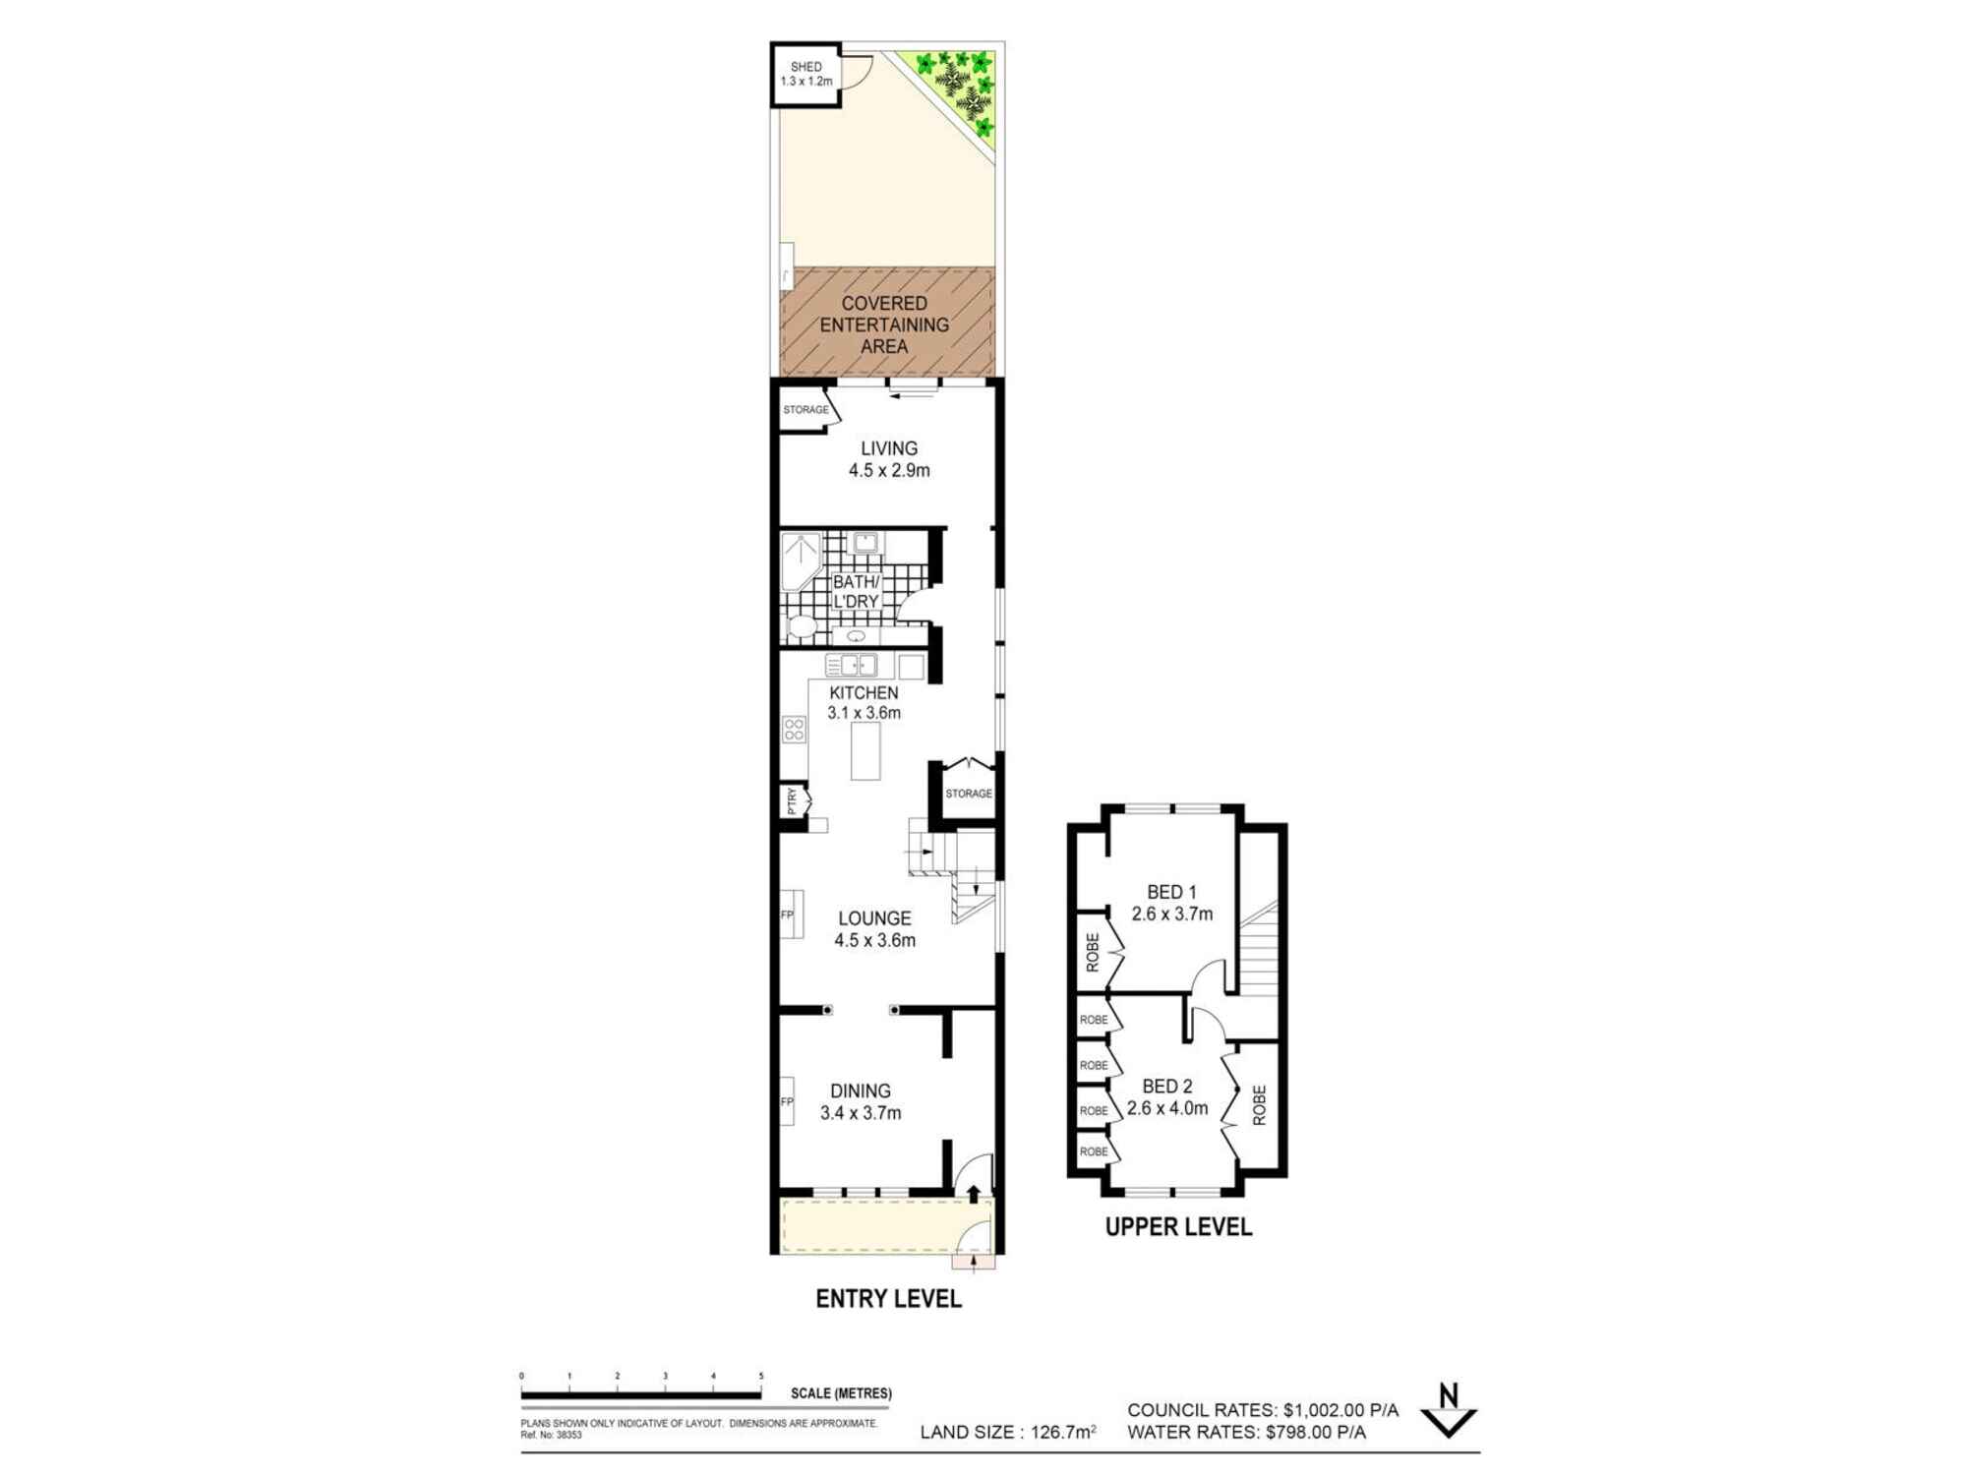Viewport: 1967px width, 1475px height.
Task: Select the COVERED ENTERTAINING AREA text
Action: pyautogui.click(x=884, y=324)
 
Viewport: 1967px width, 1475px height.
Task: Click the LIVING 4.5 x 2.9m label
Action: pyautogui.click(x=889, y=459)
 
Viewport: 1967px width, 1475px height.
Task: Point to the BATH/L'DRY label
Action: pyautogui.click(x=856, y=592)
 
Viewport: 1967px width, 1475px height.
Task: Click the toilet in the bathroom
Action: pyautogui.click(x=802, y=625)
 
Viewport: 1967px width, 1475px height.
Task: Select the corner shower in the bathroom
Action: pyautogui.click(x=800, y=560)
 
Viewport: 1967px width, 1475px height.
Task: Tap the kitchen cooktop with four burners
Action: pyautogui.click(x=794, y=729)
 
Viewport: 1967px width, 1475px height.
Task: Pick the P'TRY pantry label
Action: pyautogui.click(x=792, y=801)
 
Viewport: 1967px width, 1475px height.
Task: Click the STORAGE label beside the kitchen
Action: pyautogui.click(x=969, y=794)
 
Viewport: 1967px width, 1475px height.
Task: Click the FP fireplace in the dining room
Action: pyautogui.click(x=787, y=1101)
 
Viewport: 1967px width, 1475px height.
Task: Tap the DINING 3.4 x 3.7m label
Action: pyautogui.click(x=861, y=1101)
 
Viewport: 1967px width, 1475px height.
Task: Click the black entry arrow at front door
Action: pyautogui.click(x=974, y=1194)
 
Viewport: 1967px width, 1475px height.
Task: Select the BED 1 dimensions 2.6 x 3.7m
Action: pyautogui.click(x=1171, y=914)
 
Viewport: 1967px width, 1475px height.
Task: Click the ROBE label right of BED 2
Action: pyautogui.click(x=1259, y=1105)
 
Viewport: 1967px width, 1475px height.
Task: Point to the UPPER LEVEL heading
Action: pyautogui.click(x=1178, y=1227)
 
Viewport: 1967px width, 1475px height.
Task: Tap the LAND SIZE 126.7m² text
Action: pyautogui.click(x=1008, y=1433)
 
